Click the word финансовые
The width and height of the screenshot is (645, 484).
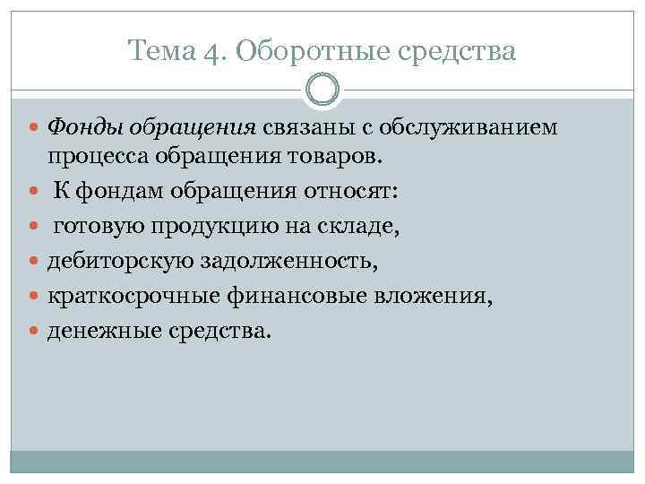coord(284,296)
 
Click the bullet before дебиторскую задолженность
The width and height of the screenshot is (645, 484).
coord(36,262)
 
